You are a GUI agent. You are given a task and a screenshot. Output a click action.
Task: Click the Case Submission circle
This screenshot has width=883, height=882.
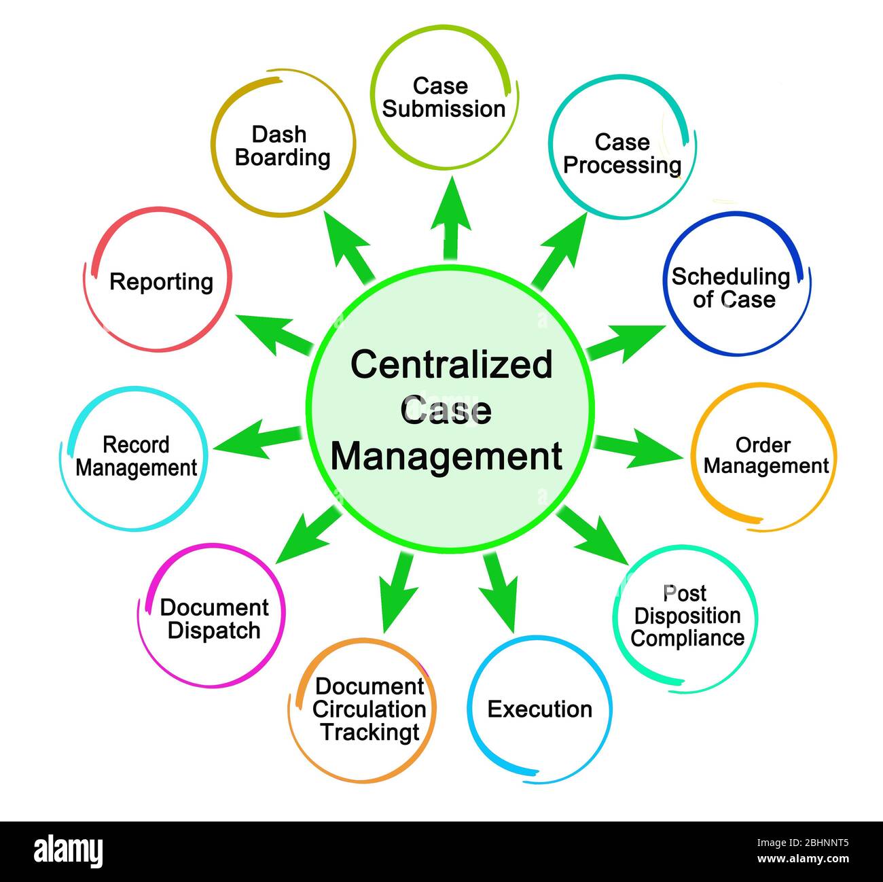pyautogui.click(x=444, y=97)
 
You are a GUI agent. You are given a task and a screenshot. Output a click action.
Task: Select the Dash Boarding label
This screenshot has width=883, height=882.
pyautogui.click(x=282, y=145)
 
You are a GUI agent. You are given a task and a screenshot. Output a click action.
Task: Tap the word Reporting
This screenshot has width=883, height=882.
pyautogui.click(x=161, y=281)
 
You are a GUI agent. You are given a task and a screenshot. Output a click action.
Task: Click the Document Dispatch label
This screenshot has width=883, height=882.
pyautogui.click(x=214, y=618)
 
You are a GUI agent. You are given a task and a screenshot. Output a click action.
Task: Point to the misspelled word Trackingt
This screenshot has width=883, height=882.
pyautogui.click(x=370, y=733)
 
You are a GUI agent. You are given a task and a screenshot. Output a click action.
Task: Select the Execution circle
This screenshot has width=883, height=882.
pyautogui.click(x=540, y=709)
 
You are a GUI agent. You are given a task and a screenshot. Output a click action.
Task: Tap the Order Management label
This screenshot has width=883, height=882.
pyautogui.click(x=765, y=455)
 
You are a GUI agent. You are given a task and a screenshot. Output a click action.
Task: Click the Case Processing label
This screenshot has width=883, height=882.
pyautogui.click(x=622, y=154)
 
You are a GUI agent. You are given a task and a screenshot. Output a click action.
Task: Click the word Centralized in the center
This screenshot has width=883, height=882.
pyautogui.click(x=451, y=364)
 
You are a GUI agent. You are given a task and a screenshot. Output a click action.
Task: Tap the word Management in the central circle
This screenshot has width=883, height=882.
pyautogui.click(x=446, y=457)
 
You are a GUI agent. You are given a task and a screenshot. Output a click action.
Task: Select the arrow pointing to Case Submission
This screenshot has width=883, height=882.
pyautogui.click(x=450, y=221)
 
